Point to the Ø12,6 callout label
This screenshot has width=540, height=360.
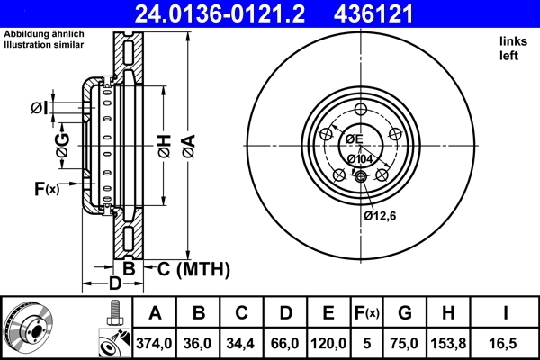381,215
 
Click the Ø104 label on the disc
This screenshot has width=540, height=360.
359,158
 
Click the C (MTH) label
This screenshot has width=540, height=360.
194,269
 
